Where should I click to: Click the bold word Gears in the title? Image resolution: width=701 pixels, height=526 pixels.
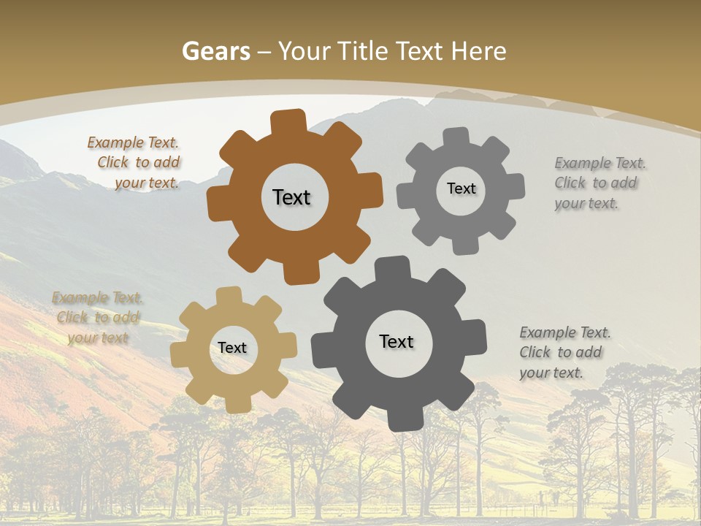point(216,51)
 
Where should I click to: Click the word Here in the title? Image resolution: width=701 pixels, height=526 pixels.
point(478,51)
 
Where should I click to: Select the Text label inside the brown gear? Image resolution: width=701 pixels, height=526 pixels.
point(291,197)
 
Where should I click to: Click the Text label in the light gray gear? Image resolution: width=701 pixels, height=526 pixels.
point(461,188)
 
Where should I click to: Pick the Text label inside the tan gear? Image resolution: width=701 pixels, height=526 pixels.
point(232,348)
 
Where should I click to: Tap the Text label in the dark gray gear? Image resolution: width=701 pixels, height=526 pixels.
point(397,341)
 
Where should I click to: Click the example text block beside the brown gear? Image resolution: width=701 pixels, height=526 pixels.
point(136,163)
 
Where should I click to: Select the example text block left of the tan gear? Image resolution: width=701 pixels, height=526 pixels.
point(98,318)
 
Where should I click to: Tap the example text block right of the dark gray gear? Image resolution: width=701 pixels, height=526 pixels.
point(562,353)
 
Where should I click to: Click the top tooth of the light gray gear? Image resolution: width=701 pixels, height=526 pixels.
point(456,138)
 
